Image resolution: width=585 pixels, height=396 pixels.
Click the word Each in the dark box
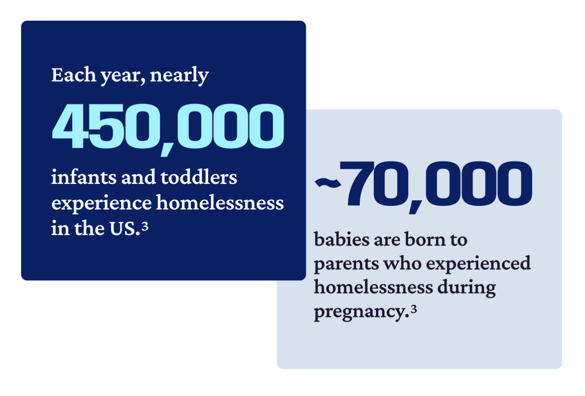point(73,75)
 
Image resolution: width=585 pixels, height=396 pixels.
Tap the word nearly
point(179,76)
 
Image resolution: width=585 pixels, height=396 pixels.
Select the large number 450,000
point(168,129)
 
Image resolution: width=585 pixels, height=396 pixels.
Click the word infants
point(84,177)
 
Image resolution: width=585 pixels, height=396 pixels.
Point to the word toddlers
point(199,177)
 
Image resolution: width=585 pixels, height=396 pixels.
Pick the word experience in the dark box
point(101,203)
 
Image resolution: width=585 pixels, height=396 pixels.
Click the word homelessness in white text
point(220,202)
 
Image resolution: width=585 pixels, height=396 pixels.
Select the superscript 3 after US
point(145,226)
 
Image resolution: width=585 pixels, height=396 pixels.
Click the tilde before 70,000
point(328,183)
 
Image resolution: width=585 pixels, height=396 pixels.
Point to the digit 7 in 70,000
point(357,183)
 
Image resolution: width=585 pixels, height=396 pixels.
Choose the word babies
point(341,239)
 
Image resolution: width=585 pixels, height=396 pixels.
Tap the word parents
point(346,264)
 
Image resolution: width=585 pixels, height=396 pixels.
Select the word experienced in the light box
point(478,263)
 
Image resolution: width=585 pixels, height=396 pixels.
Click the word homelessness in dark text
point(373,287)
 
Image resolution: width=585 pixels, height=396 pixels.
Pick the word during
point(466,288)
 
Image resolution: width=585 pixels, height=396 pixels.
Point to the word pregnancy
point(361,312)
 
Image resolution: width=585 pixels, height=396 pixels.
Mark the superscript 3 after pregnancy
point(413,309)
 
